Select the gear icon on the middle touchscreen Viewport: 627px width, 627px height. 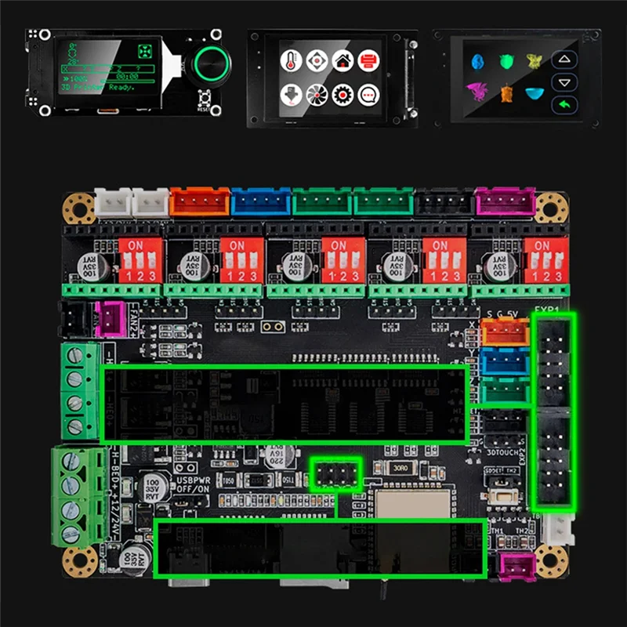click(342, 95)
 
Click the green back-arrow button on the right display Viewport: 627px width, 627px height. click(561, 105)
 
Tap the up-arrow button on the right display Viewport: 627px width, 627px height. click(561, 60)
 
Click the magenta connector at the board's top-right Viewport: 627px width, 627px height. click(506, 202)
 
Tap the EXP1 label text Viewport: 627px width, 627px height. click(546, 310)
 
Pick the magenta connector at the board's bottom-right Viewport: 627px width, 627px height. click(516, 566)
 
